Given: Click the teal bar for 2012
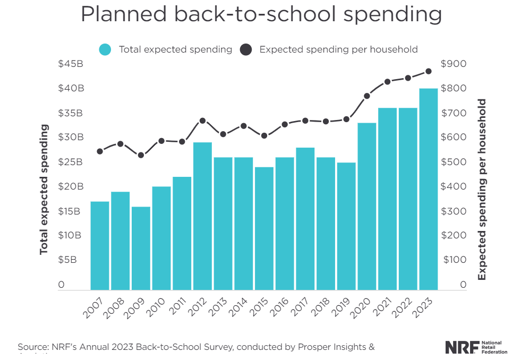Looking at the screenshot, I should (202, 216).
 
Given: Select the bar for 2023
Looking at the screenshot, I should (428, 189).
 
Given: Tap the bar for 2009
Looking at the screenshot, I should (141, 248).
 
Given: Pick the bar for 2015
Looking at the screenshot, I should (264, 228).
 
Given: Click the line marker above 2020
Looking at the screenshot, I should (366, 96).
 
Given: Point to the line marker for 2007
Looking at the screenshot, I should (100, 151).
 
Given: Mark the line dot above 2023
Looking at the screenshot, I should (428, 71).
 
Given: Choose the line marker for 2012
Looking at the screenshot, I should (202, 121).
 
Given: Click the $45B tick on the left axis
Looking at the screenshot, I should (70, 64).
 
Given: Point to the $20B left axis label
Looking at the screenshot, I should (70, 187).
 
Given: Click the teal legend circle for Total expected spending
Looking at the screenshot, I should (105, 49).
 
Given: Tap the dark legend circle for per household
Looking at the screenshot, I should (245, 49).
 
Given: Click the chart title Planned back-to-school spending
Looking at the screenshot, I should (261, 14).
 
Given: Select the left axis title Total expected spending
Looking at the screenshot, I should (44, 189).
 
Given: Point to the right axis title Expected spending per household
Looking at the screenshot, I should (482, 189).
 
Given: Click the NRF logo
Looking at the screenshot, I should (476, 348).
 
